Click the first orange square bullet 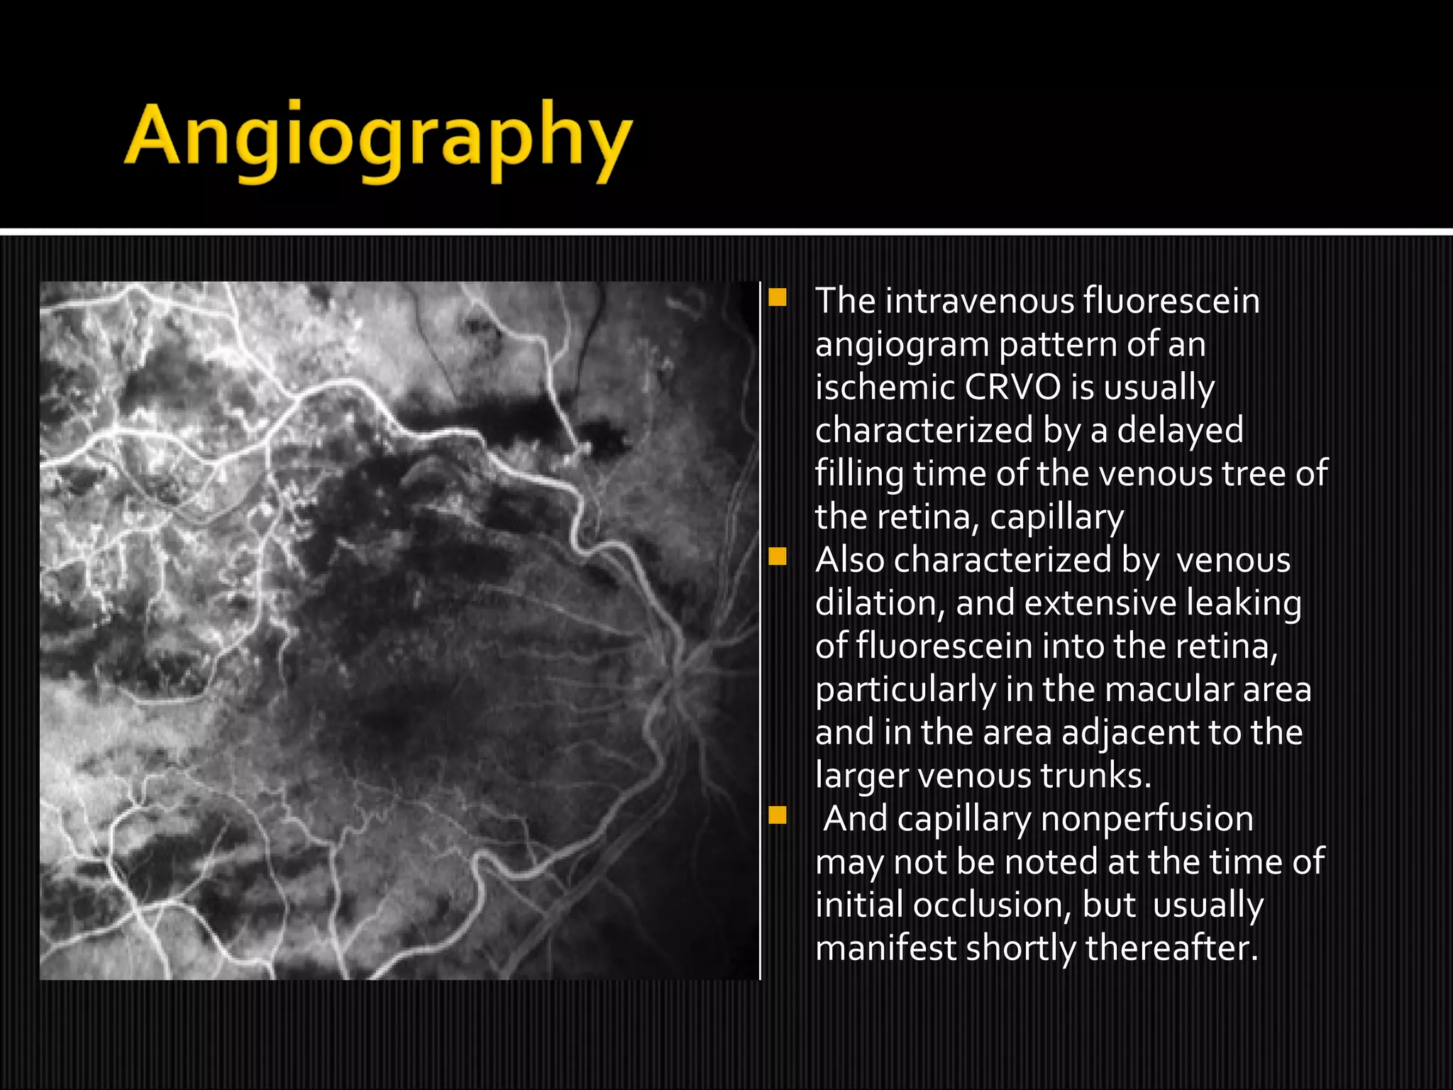(x=778, y=297)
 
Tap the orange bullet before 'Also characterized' (x=778, y=556)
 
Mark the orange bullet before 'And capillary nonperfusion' (x=778, y=815)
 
